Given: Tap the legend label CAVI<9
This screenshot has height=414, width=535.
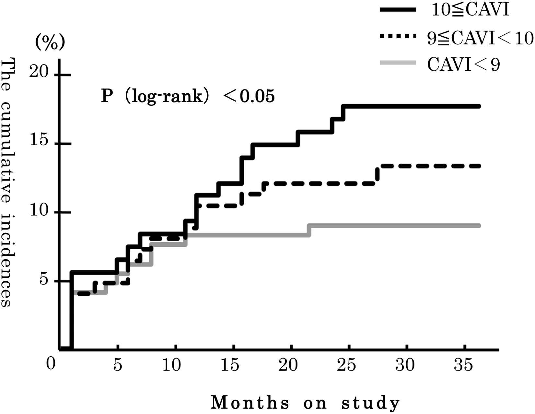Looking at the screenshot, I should [x=463, y=65].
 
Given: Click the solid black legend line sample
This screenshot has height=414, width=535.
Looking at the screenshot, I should [x=398, y=11].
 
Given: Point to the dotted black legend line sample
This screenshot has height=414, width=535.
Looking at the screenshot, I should [x=398, y=38].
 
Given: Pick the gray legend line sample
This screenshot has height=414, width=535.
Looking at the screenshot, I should [x=398, y=64].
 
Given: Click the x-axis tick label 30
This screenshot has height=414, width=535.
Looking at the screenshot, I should [x=405, y=366].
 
